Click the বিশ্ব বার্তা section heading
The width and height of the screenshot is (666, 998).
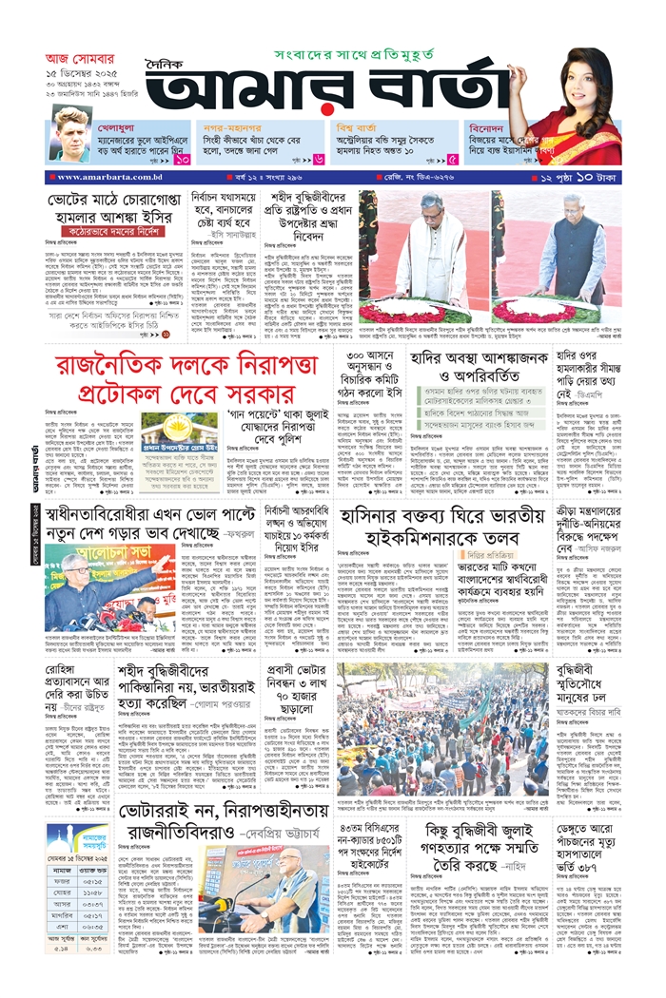[x=362, y=125]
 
